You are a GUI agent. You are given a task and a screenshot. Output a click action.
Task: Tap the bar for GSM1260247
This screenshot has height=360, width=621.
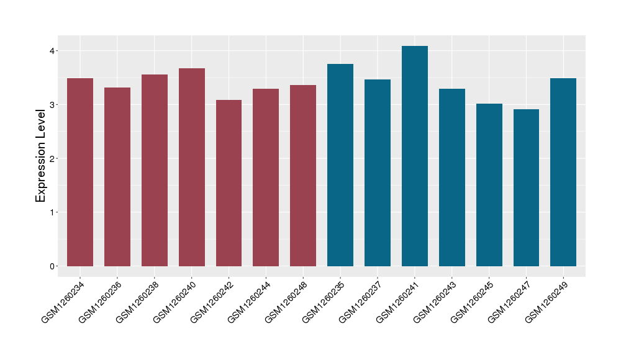526,188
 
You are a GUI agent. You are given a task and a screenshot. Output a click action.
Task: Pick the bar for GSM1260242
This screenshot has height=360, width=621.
229,183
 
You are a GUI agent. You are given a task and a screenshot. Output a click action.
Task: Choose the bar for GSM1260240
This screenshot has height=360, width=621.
192,168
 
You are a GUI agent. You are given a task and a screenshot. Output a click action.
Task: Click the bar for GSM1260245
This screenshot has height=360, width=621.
489,185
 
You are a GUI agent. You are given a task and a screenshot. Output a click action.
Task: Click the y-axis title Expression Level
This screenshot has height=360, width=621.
41,155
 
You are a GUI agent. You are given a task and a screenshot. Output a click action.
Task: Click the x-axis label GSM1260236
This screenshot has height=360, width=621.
101,302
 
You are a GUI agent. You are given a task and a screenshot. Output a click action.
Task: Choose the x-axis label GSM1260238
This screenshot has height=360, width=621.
138,302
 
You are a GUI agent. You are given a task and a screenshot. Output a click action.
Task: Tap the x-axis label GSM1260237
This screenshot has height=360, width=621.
361,302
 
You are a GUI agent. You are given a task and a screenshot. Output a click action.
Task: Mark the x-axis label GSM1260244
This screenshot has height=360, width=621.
249,302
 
